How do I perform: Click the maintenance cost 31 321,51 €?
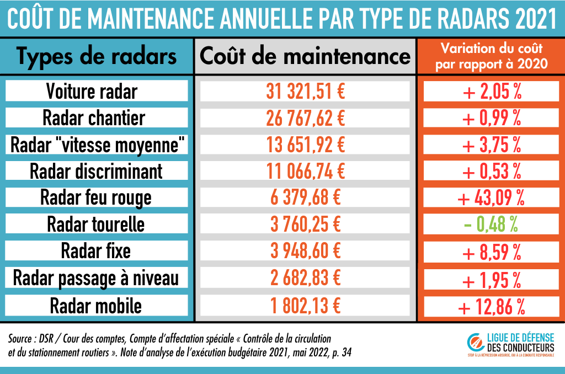(305, 91)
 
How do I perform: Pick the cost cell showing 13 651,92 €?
(305, 145)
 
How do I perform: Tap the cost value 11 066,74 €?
(305, 171)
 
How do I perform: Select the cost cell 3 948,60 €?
(305, 252)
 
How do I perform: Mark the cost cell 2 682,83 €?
(305, 279)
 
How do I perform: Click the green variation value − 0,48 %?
(490, 225)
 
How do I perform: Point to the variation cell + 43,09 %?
(490, 197)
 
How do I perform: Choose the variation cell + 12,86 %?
(490, 305)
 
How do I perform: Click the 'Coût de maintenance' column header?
(305, 56)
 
